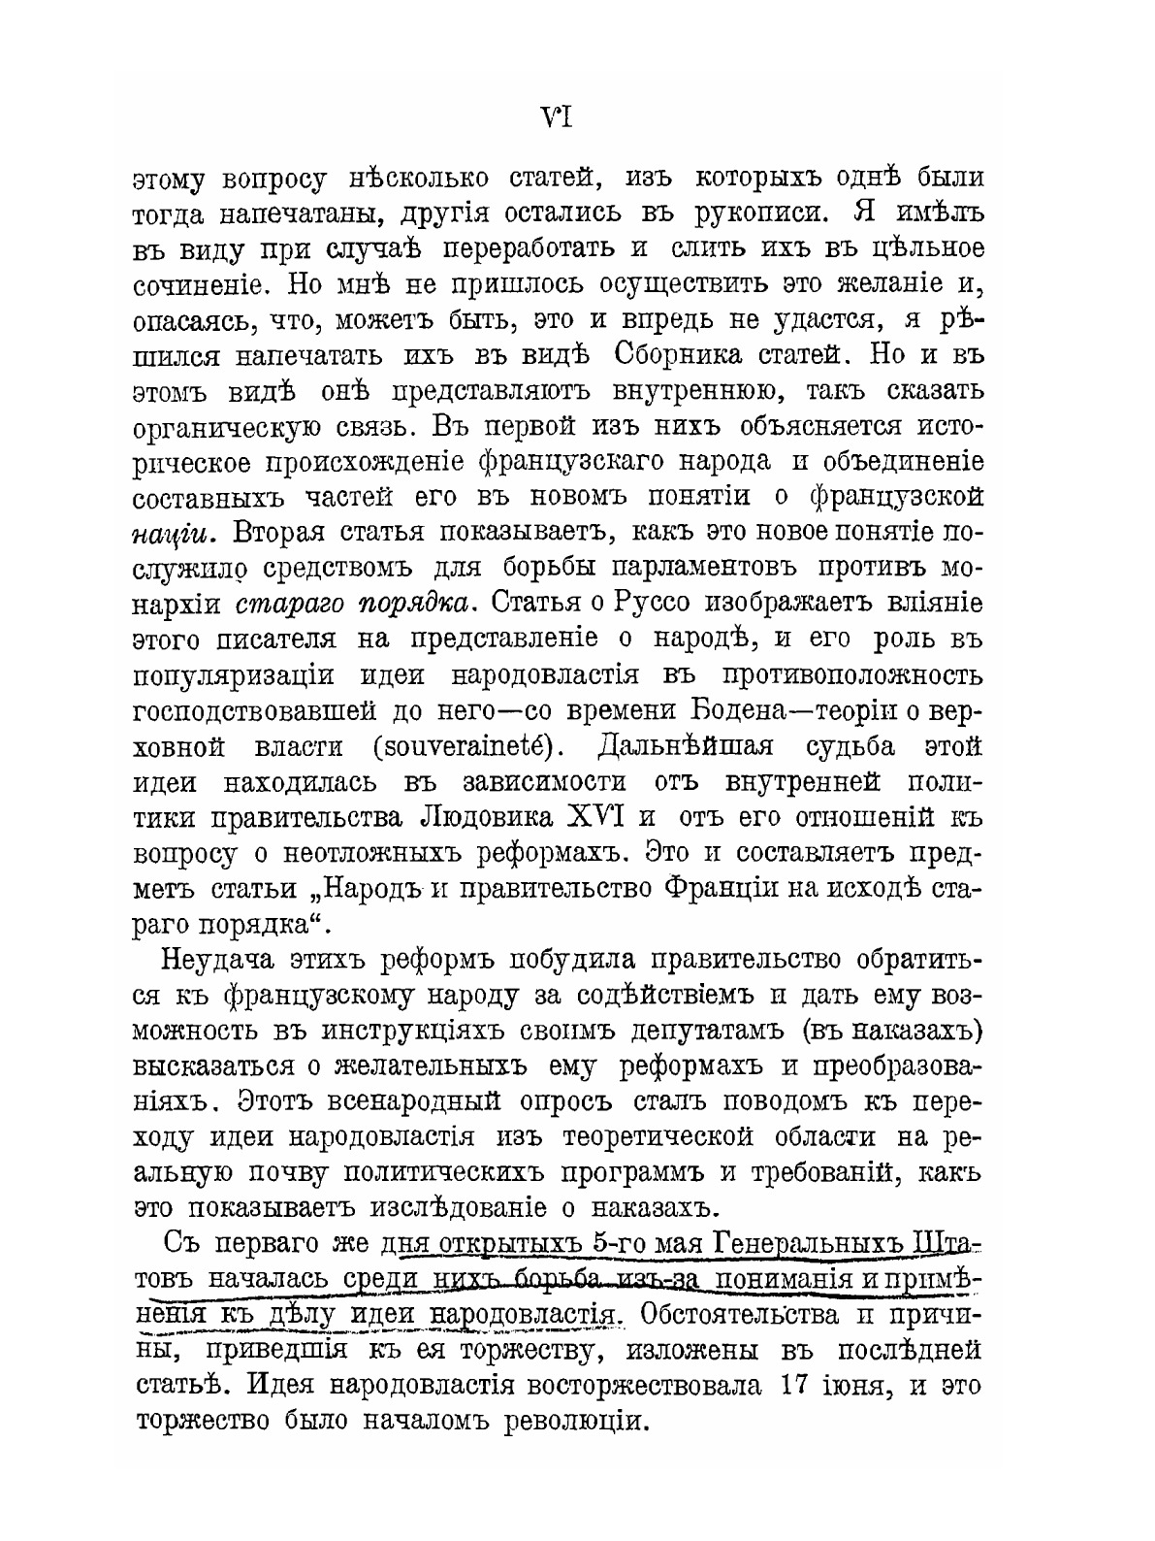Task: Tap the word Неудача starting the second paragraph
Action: (215, 961)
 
